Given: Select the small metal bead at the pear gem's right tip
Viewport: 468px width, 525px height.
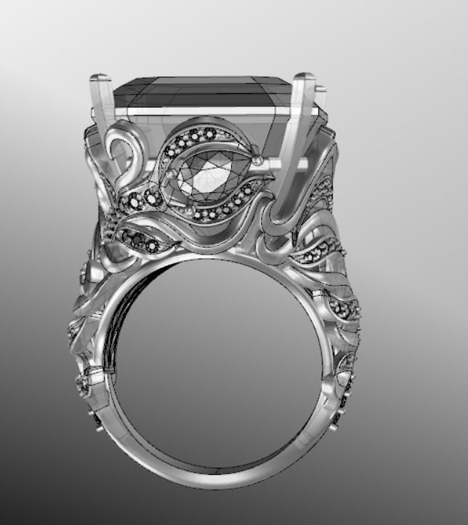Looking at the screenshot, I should click(256, 160).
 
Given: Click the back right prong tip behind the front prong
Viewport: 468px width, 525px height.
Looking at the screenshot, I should click(320, 90).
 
